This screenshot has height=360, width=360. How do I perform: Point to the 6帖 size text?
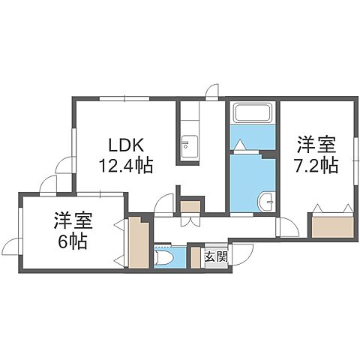click(73, 241)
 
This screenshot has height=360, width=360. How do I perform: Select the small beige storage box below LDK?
click(190, 206)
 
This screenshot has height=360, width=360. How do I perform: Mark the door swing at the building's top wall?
click(213, 91)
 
